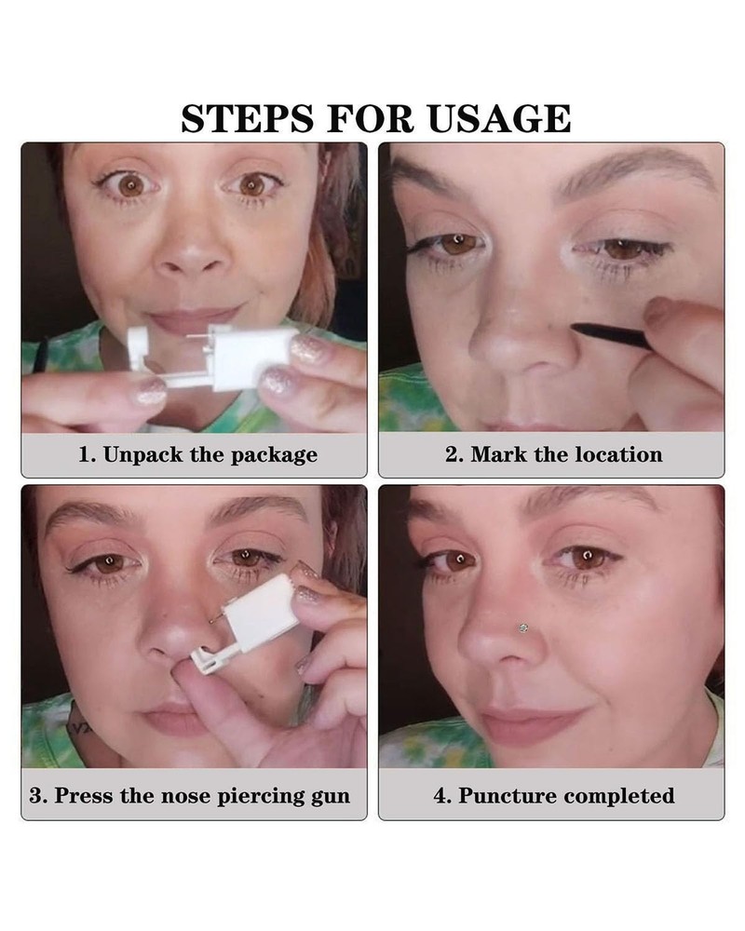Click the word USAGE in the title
tap(499, 118)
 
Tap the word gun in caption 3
tap(331, 796)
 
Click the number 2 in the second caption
tap(452, 455)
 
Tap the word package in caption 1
tap(278, 455)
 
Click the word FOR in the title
tap(372, 118)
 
